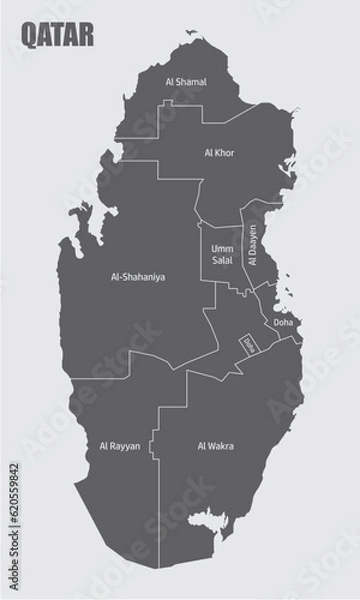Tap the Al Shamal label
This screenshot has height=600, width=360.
(x=186, y=82)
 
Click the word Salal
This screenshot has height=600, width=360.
(x=222, y=260)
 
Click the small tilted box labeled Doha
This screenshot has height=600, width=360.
(x=247, y=343)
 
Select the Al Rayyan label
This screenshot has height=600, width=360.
(x=120, y=446)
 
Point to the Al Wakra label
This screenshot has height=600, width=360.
(x=216, y=446)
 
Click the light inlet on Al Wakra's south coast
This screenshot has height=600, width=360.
(x=208, y=520)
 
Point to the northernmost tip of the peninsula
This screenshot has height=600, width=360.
(x=187, y=31)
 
